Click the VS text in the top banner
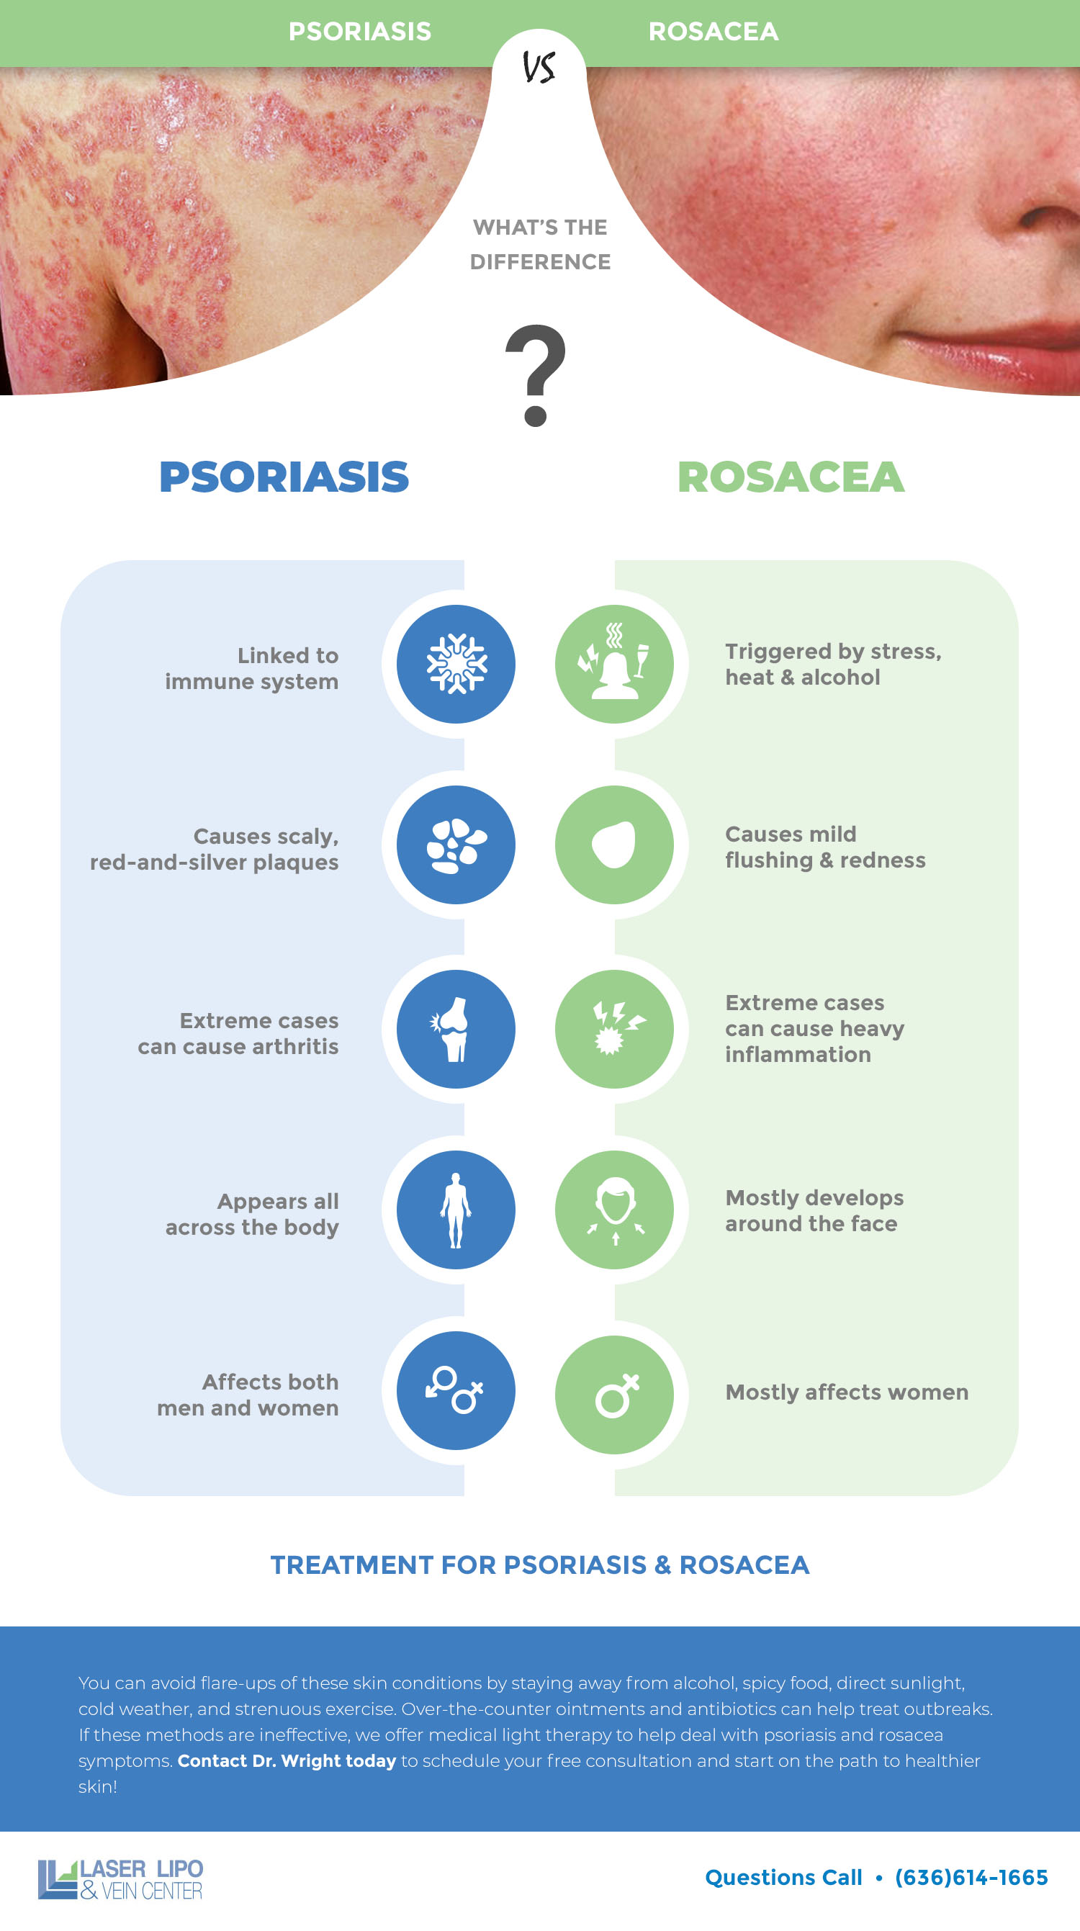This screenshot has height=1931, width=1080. coord(539,68)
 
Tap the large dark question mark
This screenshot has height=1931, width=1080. coord(536,375)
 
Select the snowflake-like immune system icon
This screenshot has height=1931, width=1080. coord(456,664)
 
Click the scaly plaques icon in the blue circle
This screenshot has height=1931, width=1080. coord(456,845)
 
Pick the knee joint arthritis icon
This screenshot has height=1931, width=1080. coord(451,1029)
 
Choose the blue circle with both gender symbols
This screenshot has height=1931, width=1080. coord(456,1391)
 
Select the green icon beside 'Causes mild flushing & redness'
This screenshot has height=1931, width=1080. coord(615,845)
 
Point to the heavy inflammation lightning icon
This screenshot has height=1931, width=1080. coord(615,1029)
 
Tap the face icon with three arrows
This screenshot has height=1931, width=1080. coord(615,1210)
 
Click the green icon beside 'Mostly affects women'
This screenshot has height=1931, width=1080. coord(615,1395)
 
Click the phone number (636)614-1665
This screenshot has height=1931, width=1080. coord(971,1878)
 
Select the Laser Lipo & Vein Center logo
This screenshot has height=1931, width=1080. coord(121,1879)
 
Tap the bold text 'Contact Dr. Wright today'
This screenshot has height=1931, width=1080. coord(287,1761)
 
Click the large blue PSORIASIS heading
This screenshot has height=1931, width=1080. coord(284,477)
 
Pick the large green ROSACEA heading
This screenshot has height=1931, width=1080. coord(791,477)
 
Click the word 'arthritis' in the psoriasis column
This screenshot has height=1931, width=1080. coord(294,1046)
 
